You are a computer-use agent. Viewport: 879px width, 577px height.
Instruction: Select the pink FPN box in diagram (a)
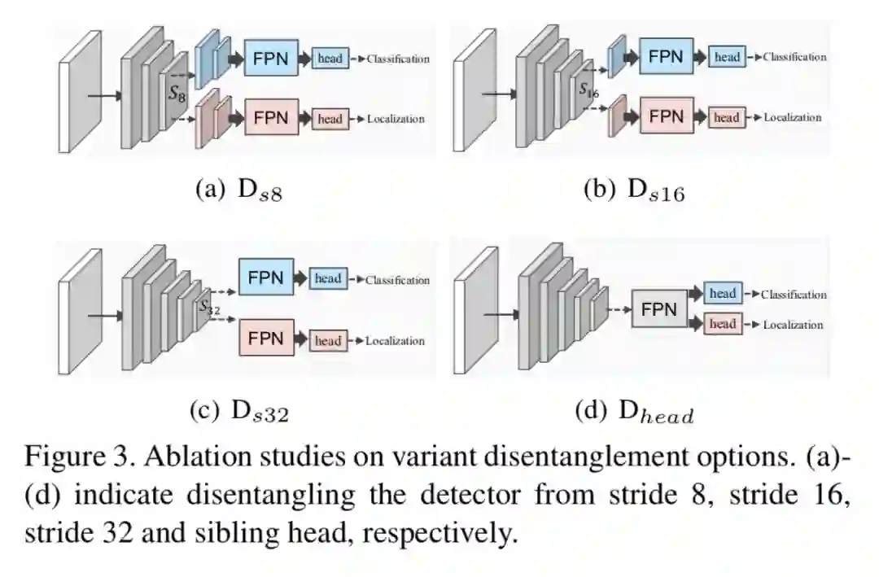click(271, 117)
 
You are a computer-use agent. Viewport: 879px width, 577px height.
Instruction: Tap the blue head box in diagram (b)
click(727, 57)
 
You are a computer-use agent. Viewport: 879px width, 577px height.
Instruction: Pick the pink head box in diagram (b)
click(725, 117)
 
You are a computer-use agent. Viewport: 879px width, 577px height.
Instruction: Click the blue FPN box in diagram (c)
click(266, 278)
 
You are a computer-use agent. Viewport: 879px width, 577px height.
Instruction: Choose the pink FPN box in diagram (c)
click(266, 338)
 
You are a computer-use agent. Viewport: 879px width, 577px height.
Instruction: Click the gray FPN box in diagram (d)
click(658, 309)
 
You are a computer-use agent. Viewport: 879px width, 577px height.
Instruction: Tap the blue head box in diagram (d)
click(723, 294)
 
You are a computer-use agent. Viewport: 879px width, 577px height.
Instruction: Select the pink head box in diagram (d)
click(723, 324)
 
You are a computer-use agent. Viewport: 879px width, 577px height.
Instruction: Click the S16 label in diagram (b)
click(588, 90)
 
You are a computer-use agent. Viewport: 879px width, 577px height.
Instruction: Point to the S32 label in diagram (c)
click(209, 308)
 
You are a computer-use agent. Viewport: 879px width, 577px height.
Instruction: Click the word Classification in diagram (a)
click(398, 59)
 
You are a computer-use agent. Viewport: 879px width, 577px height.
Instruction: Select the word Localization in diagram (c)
click(395, 341)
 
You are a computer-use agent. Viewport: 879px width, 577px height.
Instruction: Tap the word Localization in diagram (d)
click(793, 325)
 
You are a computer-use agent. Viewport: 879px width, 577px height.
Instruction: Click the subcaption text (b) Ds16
click(634, 191)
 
